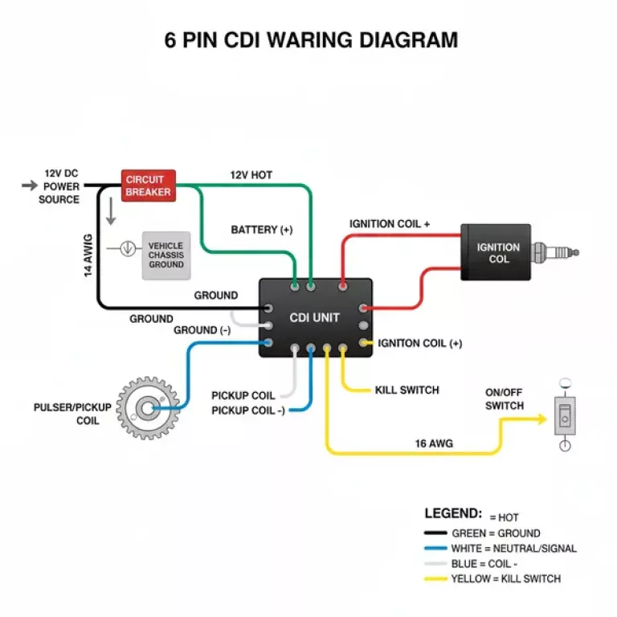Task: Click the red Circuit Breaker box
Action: (149, 186)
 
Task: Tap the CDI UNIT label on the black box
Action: (314, 318)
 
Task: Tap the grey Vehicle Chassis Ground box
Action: (165, 255)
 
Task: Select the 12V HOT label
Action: (251, 175)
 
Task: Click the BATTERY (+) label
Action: (262, 230)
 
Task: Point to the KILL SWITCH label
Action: (407, 390)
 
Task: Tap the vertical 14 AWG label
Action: (88, 255)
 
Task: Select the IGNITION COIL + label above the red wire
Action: (390, 223)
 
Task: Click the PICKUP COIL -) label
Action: (247, 411)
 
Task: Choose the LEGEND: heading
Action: (453, 513)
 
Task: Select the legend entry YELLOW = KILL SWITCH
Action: (505, 578)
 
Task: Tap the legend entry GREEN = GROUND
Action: (496, 533)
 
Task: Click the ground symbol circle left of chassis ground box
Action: (127, 248)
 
